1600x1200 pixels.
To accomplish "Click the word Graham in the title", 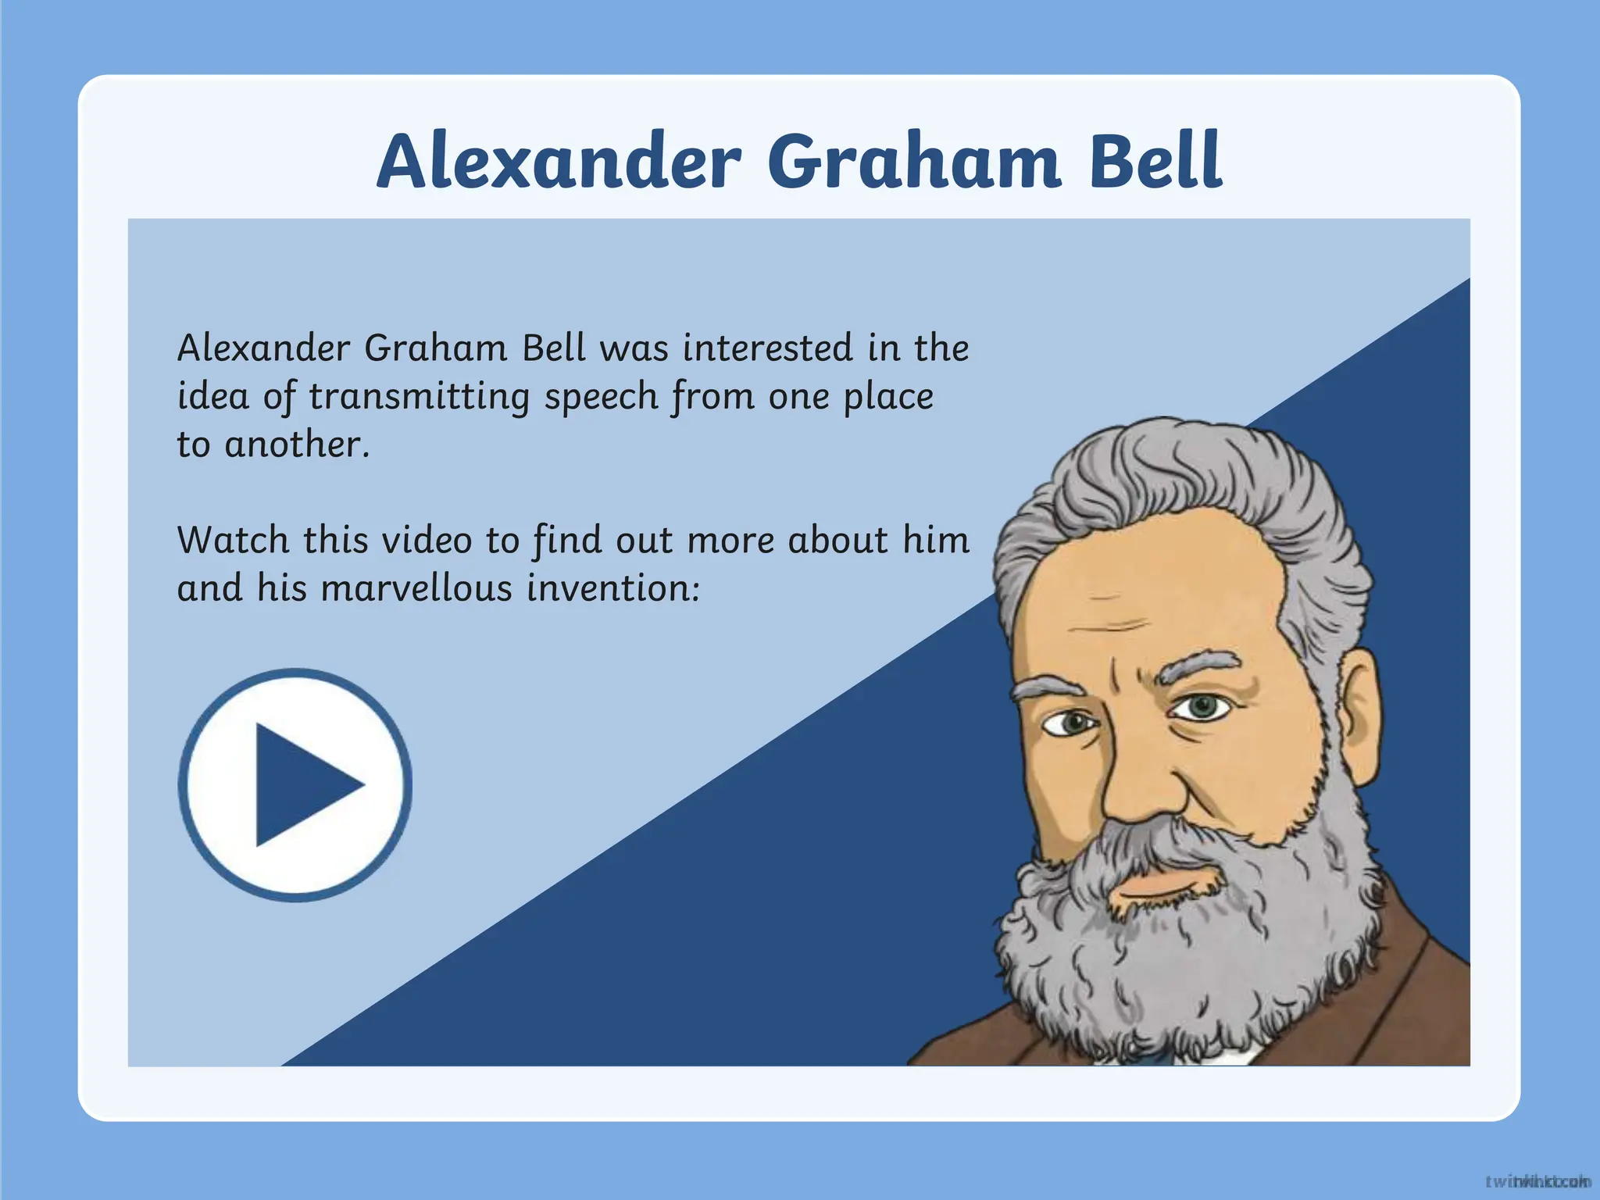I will tap(914, 162).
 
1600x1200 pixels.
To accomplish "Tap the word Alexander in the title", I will tap(558, 162).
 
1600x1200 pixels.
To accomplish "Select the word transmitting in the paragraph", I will tap(419, 397).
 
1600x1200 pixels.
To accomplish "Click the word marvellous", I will tap(416, 588).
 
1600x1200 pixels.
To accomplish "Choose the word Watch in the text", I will tap(233, 540).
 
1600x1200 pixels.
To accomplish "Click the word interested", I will tap(766, 348).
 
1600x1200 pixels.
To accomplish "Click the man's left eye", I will tap(1202, 707).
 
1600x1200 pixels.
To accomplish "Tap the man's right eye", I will tap(1072, 723).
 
